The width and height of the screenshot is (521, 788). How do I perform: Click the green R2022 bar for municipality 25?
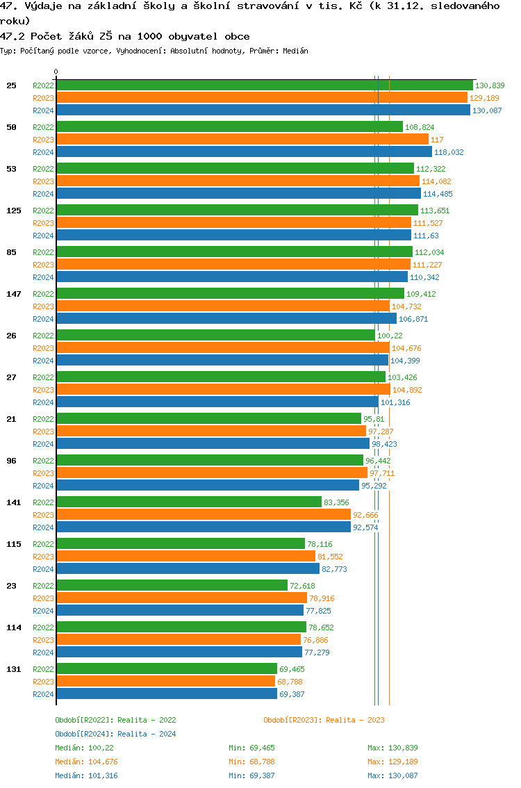264,85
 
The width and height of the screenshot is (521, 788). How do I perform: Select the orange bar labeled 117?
242,140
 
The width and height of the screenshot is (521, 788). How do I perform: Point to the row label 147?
14,294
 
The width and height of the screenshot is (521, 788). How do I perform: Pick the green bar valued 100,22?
215,336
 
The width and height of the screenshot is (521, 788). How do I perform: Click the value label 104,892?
407,390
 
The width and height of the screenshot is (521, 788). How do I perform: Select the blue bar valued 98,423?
213,444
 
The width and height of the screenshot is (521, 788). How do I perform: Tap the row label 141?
14,502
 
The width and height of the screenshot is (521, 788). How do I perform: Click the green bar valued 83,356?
189,502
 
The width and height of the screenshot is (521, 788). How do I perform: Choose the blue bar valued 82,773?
188,569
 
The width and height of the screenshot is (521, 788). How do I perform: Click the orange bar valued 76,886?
179,640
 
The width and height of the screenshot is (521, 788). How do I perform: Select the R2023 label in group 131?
43,682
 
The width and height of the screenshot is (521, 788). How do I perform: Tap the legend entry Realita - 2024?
115,734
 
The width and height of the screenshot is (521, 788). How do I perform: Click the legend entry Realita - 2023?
324,720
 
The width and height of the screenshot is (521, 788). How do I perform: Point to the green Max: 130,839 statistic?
392,748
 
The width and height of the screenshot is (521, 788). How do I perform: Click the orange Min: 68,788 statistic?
254,762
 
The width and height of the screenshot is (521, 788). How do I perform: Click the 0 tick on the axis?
56,72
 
